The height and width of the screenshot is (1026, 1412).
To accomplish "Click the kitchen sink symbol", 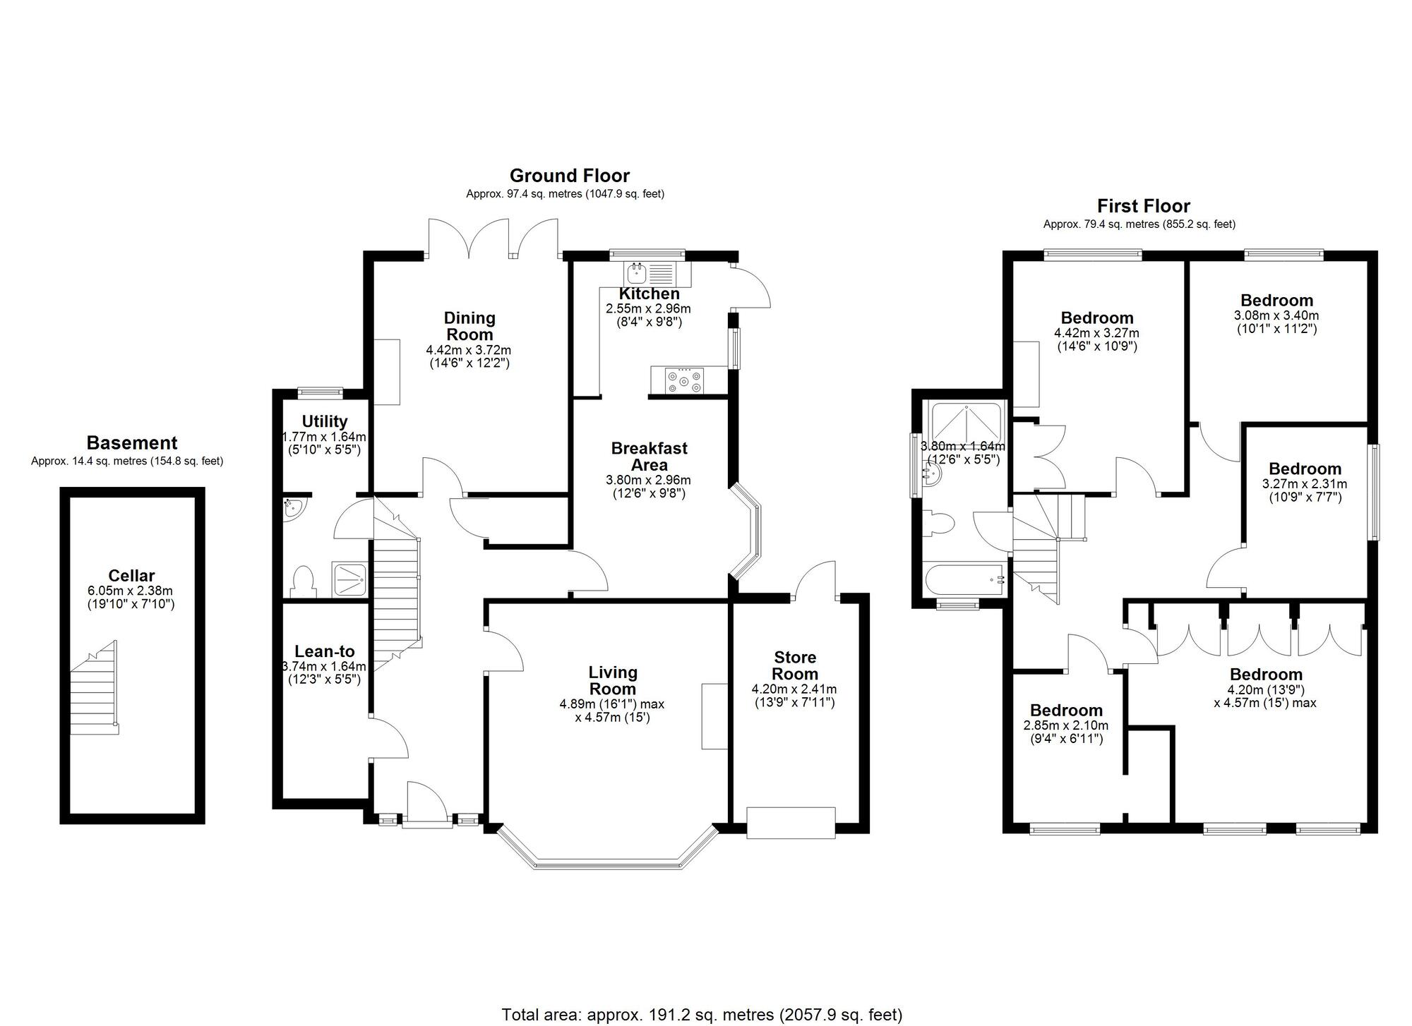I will pos(636,273).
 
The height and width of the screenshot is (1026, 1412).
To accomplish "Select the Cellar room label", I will pos(131,575).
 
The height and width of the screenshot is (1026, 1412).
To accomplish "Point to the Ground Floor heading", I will pos(569,175).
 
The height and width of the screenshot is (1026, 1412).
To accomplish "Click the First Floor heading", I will pos(1143,206).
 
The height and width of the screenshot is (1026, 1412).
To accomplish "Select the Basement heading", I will pos(131,443).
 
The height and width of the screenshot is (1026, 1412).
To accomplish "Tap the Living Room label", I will pos(613,680).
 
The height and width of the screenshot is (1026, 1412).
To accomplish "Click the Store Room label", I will pos(794,665).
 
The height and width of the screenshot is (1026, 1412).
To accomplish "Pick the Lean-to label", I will pos(324,651).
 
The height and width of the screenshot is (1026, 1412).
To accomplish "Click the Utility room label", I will pos(324,421).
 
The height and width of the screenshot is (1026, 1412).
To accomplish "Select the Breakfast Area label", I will pos(649,457).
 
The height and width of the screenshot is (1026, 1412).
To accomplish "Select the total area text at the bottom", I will pos(702,1015).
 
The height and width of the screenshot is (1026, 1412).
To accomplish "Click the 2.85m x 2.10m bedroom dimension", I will pos(1065,725).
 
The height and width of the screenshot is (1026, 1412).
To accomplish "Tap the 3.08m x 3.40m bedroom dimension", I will pos(1276,315).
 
